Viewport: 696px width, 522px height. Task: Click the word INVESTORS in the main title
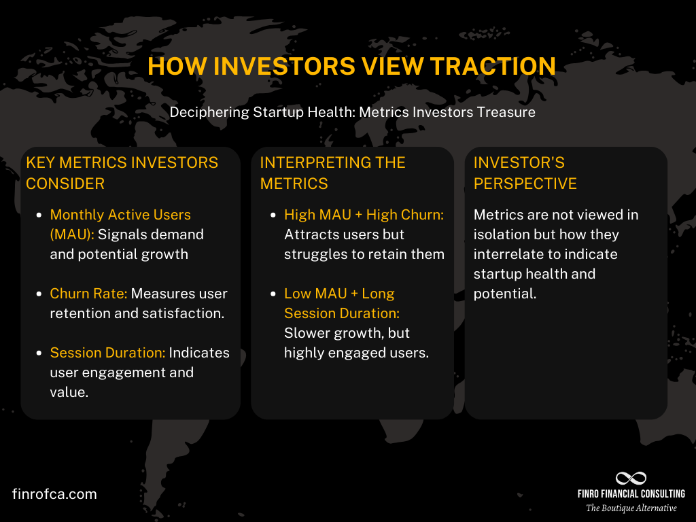[x=283, y=67]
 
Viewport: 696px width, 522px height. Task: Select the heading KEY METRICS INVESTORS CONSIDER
[x=122, y=173]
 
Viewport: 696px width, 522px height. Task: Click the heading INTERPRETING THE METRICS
[x=332, y=173]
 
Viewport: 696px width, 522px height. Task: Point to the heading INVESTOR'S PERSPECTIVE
[x=525, y=173]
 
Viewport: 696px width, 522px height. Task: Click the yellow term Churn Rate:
[x=88, y=294]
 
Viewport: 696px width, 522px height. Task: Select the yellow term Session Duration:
[x=107, y=353]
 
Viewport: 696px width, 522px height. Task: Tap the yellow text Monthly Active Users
[x=120, y=215]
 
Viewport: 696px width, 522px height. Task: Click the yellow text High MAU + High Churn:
[x=364, y=215]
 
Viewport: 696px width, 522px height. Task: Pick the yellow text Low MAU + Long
[x=339, y=294]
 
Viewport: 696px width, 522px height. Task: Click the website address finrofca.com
[x=54, y=494]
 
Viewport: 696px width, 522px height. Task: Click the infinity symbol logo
[x=631, y=478]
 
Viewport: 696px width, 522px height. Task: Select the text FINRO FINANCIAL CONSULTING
[x=631, y=494]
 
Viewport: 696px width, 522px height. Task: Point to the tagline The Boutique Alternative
[x=631, y=508]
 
